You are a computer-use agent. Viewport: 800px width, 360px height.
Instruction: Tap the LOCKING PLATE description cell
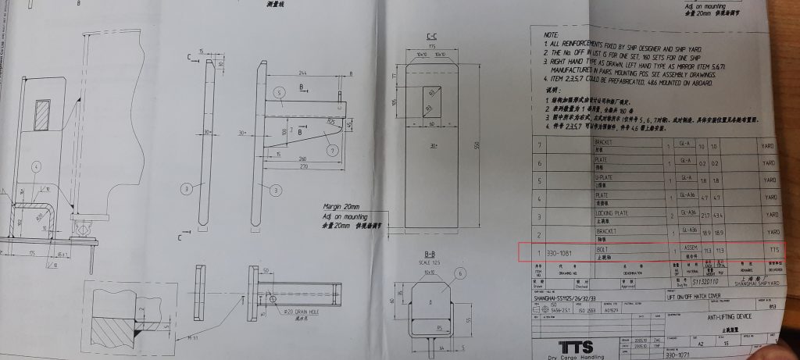(x=612, y=210)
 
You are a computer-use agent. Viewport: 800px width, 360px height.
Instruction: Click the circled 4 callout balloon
(x=36, y=165)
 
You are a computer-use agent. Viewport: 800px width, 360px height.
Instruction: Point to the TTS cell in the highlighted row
(x=773, y=251)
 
